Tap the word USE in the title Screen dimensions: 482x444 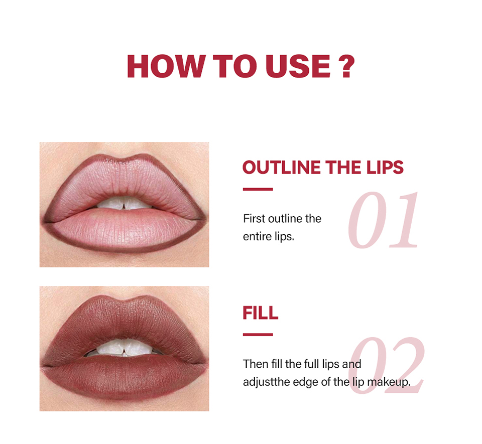[298, 66]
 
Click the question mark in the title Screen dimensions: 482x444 [346, 66]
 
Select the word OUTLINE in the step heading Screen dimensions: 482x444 [281, 168]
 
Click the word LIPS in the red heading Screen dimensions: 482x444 [385, 168]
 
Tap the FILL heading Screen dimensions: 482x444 [261, 313]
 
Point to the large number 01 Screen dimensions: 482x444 [383, 220]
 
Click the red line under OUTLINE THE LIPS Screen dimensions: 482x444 [258, 189]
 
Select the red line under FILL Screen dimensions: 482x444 [258, 335]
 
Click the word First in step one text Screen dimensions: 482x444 [254, 219]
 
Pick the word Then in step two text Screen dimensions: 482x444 [256, 364]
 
